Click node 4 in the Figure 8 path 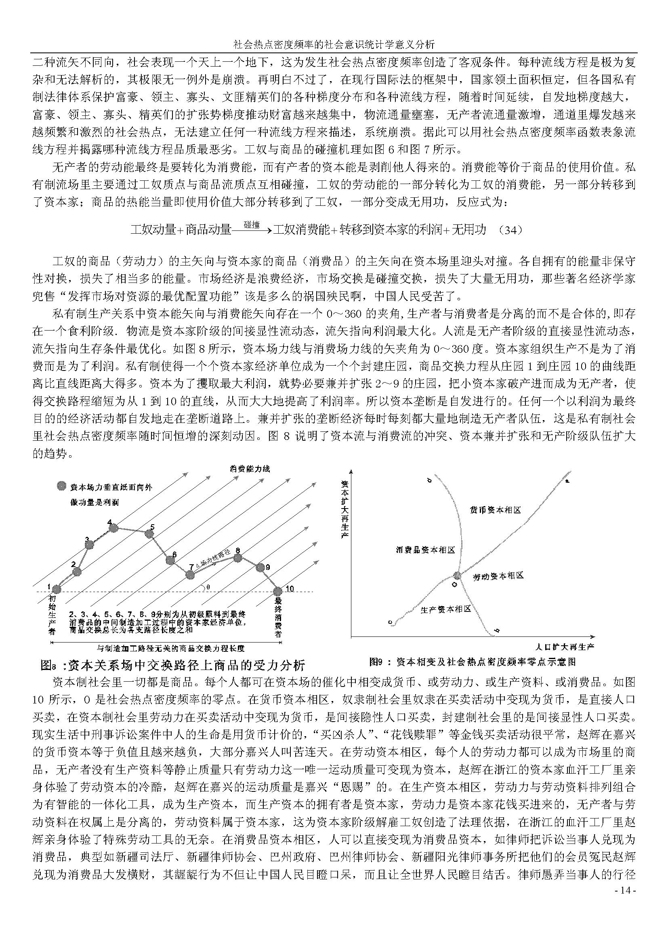click(x=114, y=528)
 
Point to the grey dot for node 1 click(x=57, y=590)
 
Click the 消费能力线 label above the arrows click(x=250, y=469)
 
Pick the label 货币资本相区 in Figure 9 click(x=495, y=510)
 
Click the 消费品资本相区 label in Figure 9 click(x=425, y=550)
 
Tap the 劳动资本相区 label click(x=498, y=576)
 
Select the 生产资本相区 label click(x=445, y=609)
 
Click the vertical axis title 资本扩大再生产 click(x=345, y=511)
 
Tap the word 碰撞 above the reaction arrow click(x=251, y=224)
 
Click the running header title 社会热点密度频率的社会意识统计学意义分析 click(x=334, y=44)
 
